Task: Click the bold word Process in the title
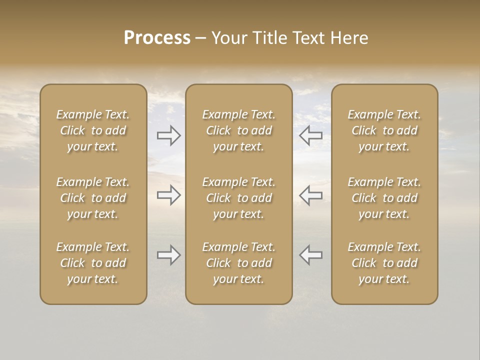coord(157,38)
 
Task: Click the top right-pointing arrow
coord(169,134)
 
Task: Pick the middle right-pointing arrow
coord(169,195)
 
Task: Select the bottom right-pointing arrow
coord(169,255)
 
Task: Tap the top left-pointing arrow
coord(311,134)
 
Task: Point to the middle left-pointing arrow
coord(311,195)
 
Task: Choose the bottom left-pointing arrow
coord(311,255)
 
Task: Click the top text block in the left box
coord(93,130)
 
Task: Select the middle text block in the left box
coord(93,198)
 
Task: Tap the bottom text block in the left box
coord(93,263)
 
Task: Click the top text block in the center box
coord(239,130)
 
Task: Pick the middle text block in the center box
coord(239,198)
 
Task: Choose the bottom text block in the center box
coord(239,263)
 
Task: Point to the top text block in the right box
coord(384,130)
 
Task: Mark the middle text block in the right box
coord(384,198)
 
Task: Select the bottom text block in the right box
coord(384,263)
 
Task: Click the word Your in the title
coord(227,38)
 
